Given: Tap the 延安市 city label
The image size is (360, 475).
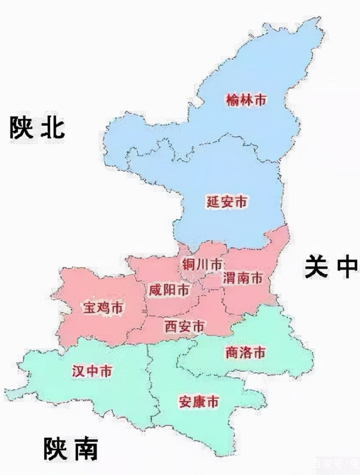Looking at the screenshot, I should [x=227, y=202].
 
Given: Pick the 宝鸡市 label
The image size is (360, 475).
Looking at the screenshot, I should [x=103, y=308].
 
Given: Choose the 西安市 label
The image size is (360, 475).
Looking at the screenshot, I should [x=184, y=327].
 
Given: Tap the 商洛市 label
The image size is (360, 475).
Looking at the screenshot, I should [x=245, y=353].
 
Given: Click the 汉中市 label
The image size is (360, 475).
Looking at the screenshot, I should [x=92, y=371].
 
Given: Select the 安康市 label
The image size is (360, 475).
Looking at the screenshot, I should [x=199, y=402].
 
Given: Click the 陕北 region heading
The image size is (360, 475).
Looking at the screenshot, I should [x=37, y=128].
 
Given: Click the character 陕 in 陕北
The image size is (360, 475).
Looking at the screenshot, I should [x=22, y=128].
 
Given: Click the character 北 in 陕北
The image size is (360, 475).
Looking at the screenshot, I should [x=53, y=128].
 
